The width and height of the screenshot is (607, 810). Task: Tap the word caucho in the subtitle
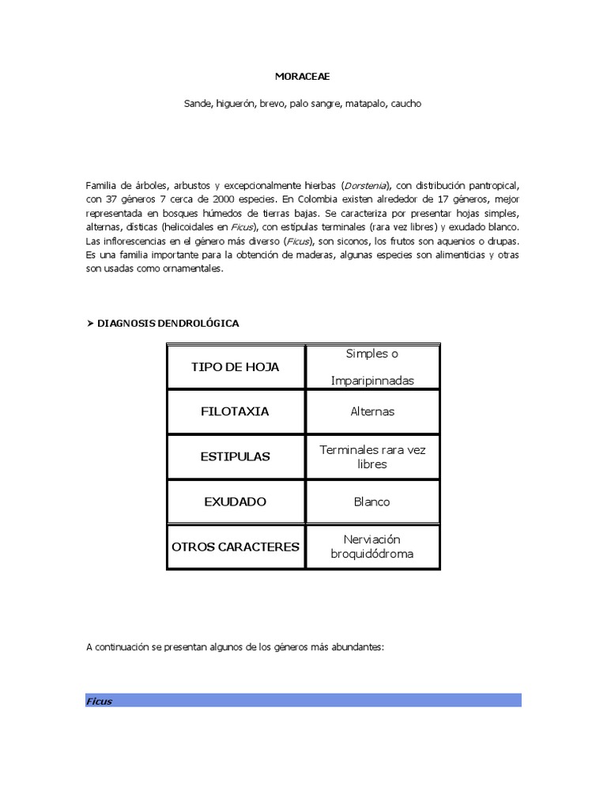click(405, 104)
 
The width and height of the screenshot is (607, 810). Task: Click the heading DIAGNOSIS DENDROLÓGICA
click(168, 324)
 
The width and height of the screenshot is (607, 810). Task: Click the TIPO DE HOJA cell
click(236, 367)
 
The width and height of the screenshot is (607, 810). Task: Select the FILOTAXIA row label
click(236, 411)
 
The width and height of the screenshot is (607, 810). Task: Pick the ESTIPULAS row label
click(236, 456)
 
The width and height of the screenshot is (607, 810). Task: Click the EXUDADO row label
click(236, 502)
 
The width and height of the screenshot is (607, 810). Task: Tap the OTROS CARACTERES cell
click(236, 547)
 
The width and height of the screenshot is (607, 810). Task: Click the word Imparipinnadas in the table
click(372, 380)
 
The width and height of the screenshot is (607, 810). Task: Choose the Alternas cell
click(372, 411)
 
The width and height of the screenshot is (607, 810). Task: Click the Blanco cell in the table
click(372, 502)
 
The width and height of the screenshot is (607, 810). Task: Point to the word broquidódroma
click(372, 554)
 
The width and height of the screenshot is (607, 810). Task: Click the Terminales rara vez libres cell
click(372, 456)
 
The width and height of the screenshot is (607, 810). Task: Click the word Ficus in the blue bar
click(100, 701)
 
